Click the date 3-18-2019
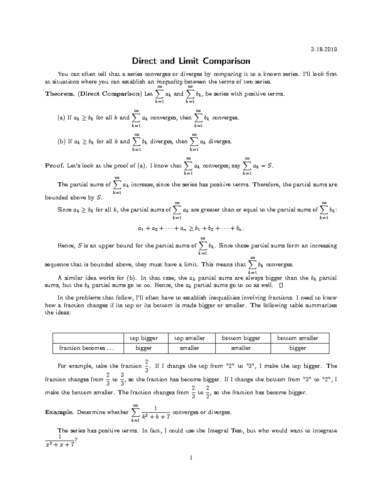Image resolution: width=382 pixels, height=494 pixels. tap(324, 49)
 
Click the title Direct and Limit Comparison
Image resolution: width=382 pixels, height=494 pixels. tap(191, 61)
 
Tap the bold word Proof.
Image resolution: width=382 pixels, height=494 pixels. tap(55, 166)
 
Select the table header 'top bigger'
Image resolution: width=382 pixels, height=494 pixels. tap(144, 338)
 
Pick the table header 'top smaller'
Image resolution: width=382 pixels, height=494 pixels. tap(189, 338)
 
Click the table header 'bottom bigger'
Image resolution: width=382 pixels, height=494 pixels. tap(241, 338)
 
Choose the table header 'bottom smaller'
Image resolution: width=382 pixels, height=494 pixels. tap(298, 338)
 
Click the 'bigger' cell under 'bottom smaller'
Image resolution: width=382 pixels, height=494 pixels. tap(298, 348)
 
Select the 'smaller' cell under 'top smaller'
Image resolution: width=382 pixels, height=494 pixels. tap(189, 348)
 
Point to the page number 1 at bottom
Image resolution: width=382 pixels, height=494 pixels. tap(191, 458)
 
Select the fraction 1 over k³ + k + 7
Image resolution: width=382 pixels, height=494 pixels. tap(155, 412)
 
